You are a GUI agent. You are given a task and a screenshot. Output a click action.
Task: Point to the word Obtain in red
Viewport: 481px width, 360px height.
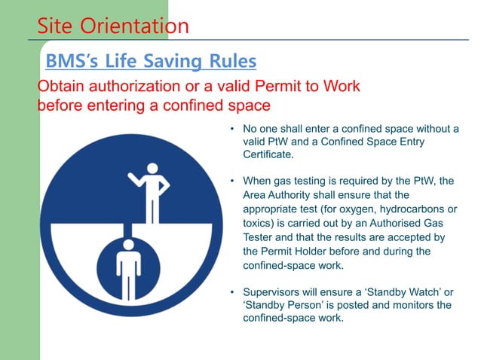click(x=59, y=86)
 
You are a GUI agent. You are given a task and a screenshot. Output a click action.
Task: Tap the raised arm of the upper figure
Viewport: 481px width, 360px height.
click(x=137, y=181)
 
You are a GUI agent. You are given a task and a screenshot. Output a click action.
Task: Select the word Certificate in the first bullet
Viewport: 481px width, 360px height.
click(x=268, y=154)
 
